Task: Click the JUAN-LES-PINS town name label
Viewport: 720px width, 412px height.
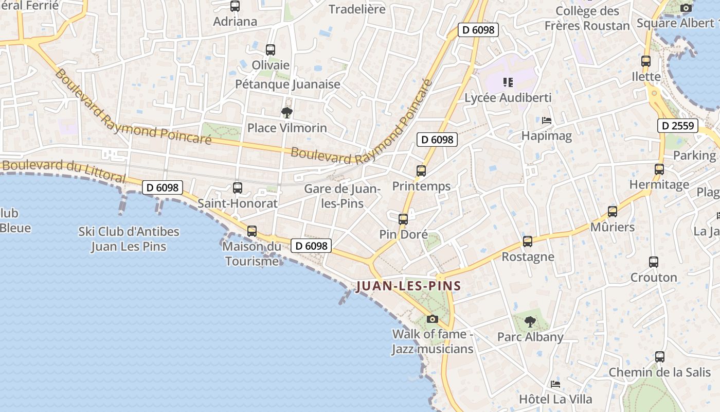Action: (x=408, y=286)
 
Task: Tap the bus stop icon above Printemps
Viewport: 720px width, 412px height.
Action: (x=421, y=171)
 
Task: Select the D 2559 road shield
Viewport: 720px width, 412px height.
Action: (x=678, y=126)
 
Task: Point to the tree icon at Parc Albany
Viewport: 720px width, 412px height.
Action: (x=530, y=322)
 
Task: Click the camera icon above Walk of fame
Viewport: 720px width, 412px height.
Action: (x=432, y=319)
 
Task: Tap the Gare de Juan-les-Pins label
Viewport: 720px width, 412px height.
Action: (x=342, y=196)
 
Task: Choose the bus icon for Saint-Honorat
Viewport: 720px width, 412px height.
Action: (x=238, y=188)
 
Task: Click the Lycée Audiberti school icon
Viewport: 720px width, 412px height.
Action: (x=508, y=82)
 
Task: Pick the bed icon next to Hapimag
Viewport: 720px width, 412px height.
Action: (x=547, y=121)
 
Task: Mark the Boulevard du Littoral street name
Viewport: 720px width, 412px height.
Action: (x=64, y=170)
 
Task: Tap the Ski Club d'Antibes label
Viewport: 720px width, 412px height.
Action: (x=129, y=238)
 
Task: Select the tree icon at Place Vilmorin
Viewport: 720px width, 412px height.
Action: (x=287, y=112)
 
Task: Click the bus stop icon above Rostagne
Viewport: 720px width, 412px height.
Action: (x=527, y=242)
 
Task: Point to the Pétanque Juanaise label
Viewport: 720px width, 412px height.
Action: (x=287, y=84)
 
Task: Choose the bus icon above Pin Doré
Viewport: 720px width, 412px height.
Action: (x=403, y=219)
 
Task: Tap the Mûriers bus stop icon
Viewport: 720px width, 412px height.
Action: (x=612, y=212)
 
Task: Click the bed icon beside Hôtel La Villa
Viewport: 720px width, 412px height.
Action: (x=555, y=384)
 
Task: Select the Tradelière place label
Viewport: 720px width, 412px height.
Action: (x=357, y=9)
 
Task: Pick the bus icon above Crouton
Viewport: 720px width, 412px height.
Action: (x=653, y=262)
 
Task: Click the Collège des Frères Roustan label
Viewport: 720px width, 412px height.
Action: (x=587, y=18)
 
